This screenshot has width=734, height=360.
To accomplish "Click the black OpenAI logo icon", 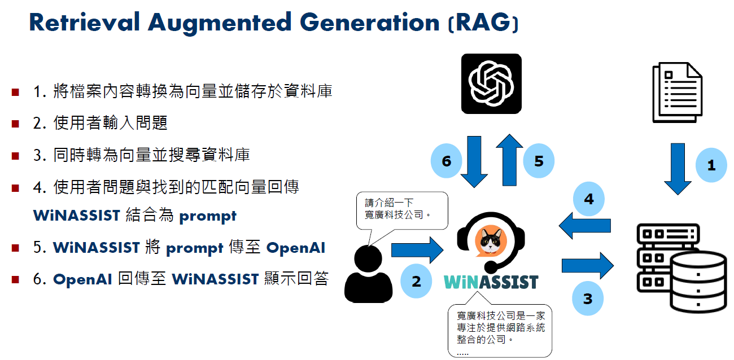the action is pos(491,84).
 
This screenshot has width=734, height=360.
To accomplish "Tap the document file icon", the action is pos(678,93).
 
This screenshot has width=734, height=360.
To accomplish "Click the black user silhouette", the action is pos(368,274).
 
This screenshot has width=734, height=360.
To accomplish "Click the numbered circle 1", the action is pos(711,165).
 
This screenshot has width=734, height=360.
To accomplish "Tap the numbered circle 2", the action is pos(416,281).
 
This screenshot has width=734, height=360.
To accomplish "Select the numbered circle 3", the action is pos(588,298).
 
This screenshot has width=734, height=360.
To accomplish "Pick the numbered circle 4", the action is pos(589,199).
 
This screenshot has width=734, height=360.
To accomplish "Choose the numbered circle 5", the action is pos(539,161).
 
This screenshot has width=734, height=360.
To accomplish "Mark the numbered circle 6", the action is pos(446,161).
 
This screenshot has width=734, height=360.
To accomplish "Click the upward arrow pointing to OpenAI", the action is pos(509,160).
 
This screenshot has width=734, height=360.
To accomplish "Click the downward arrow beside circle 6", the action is pos(474,162).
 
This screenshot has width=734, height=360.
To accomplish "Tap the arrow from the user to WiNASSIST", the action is pos(417,251).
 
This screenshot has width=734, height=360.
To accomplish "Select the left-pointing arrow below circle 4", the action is pos(585,226).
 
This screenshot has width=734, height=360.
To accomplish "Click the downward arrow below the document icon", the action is pos(678,169).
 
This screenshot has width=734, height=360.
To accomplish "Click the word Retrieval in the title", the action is pos(85,22).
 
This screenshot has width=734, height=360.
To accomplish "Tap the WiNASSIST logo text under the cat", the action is pos(491,282).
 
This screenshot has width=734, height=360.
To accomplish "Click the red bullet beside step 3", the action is pos(15,156).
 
